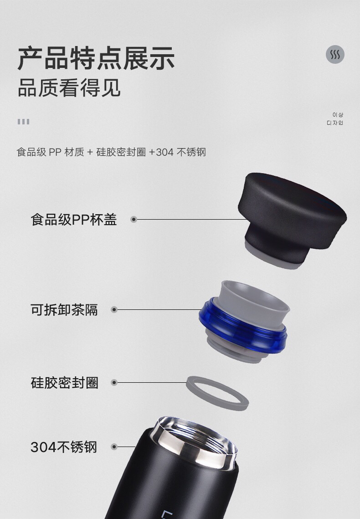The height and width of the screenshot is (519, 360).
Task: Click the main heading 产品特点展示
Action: [x=96, y=58]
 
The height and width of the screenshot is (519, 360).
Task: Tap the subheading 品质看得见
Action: [x=69, y=87]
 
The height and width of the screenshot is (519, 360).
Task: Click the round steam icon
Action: [x=335, y=54]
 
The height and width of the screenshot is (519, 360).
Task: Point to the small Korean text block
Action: [x=335, y=119]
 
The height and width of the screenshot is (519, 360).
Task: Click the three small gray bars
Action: [x=24, y=122]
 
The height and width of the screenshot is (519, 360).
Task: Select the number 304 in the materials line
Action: [x=165, y=152]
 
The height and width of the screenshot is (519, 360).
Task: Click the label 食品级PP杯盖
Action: [x=74, y=220]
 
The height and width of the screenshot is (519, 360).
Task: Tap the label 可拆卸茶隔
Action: [x=64, y=310]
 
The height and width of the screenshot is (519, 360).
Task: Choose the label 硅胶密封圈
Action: [x=65, y=383]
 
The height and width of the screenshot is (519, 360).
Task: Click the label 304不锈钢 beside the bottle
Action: [x=64, y=447]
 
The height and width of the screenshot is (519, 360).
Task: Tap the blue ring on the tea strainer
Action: [x=242, y=326]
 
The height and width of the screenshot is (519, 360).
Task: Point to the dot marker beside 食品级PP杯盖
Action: [x=134, y=220]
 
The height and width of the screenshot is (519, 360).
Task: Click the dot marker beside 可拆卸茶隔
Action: [x=114, y=310]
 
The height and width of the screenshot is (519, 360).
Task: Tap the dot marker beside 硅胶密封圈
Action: [x=114, y=383]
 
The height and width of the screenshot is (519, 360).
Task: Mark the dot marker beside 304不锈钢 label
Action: [x=114, y=447]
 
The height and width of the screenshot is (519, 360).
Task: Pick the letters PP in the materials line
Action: [x=55, y=152]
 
